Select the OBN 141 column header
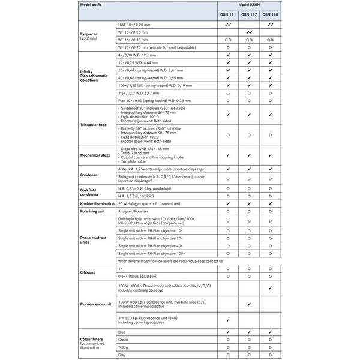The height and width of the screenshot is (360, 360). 228,15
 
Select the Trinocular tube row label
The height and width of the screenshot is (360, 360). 93,124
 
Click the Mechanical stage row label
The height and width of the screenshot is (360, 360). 95,155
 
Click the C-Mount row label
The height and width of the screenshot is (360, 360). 88,272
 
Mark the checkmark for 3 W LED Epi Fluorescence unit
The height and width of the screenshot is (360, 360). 228,320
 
